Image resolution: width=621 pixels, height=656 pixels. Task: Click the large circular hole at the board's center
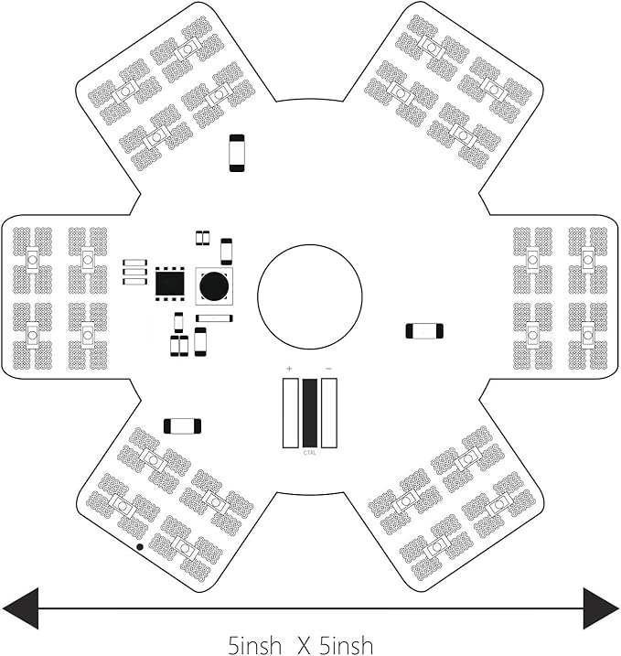coord(310,296)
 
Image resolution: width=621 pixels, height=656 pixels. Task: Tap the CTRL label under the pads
coord(309,453)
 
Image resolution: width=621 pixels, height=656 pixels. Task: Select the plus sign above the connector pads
coord(289,369)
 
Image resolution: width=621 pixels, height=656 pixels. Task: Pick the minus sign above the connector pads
coord(328,369)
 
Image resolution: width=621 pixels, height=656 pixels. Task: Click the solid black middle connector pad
coord(310,413)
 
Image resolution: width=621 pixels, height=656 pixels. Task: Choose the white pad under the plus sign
coord(290,413)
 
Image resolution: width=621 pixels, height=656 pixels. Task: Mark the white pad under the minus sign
coord(329,413)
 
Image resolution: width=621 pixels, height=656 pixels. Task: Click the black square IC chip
coord(170,284)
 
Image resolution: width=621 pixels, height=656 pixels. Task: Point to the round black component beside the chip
coord(214,286)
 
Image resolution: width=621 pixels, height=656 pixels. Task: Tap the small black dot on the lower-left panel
coord(140,547)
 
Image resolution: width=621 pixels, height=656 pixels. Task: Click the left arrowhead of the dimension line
coord(20,608)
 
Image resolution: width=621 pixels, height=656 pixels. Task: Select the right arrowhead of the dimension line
coord(601,608)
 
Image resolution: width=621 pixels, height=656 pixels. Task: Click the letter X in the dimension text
coord(304,645)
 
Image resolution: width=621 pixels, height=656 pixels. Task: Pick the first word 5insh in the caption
coord(254,645)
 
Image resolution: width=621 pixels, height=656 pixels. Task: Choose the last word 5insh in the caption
coord(346,645)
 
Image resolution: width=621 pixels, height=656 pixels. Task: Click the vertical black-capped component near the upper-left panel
coord(237,153)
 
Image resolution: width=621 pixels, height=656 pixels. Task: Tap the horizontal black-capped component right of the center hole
coord(424,331)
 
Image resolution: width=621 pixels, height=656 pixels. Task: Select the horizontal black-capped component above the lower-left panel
coord(182,426)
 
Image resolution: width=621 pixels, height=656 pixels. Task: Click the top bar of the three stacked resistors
coord(134,263)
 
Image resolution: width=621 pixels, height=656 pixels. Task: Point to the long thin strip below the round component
coord(214,318)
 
